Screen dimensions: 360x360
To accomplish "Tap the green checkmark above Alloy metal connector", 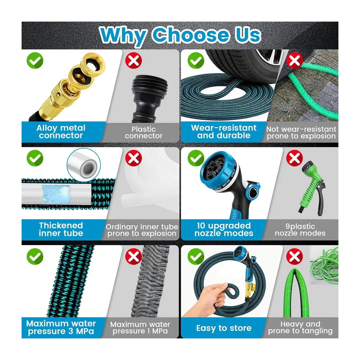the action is click(35, 60).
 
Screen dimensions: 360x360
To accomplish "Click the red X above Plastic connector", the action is click(134, 60).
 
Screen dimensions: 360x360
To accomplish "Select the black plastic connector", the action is click(149, 98).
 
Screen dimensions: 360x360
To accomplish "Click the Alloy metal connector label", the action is click(61, 131).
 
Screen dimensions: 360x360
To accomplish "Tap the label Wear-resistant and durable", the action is click(224, 131).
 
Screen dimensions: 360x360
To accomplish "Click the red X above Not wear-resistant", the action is click(294, 60).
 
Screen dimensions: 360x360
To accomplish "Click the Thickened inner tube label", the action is click(61, 229).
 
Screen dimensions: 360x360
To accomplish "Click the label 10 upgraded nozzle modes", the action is click(224, 229).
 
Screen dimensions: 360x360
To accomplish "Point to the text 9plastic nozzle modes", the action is click(300, 230).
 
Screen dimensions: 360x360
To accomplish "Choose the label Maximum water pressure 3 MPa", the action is click(61, 327).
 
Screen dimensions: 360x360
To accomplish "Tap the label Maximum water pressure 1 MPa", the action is click(140, 328).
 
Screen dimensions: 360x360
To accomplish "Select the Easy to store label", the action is click(224, 328).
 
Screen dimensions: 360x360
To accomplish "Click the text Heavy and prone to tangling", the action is click(300, 327).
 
